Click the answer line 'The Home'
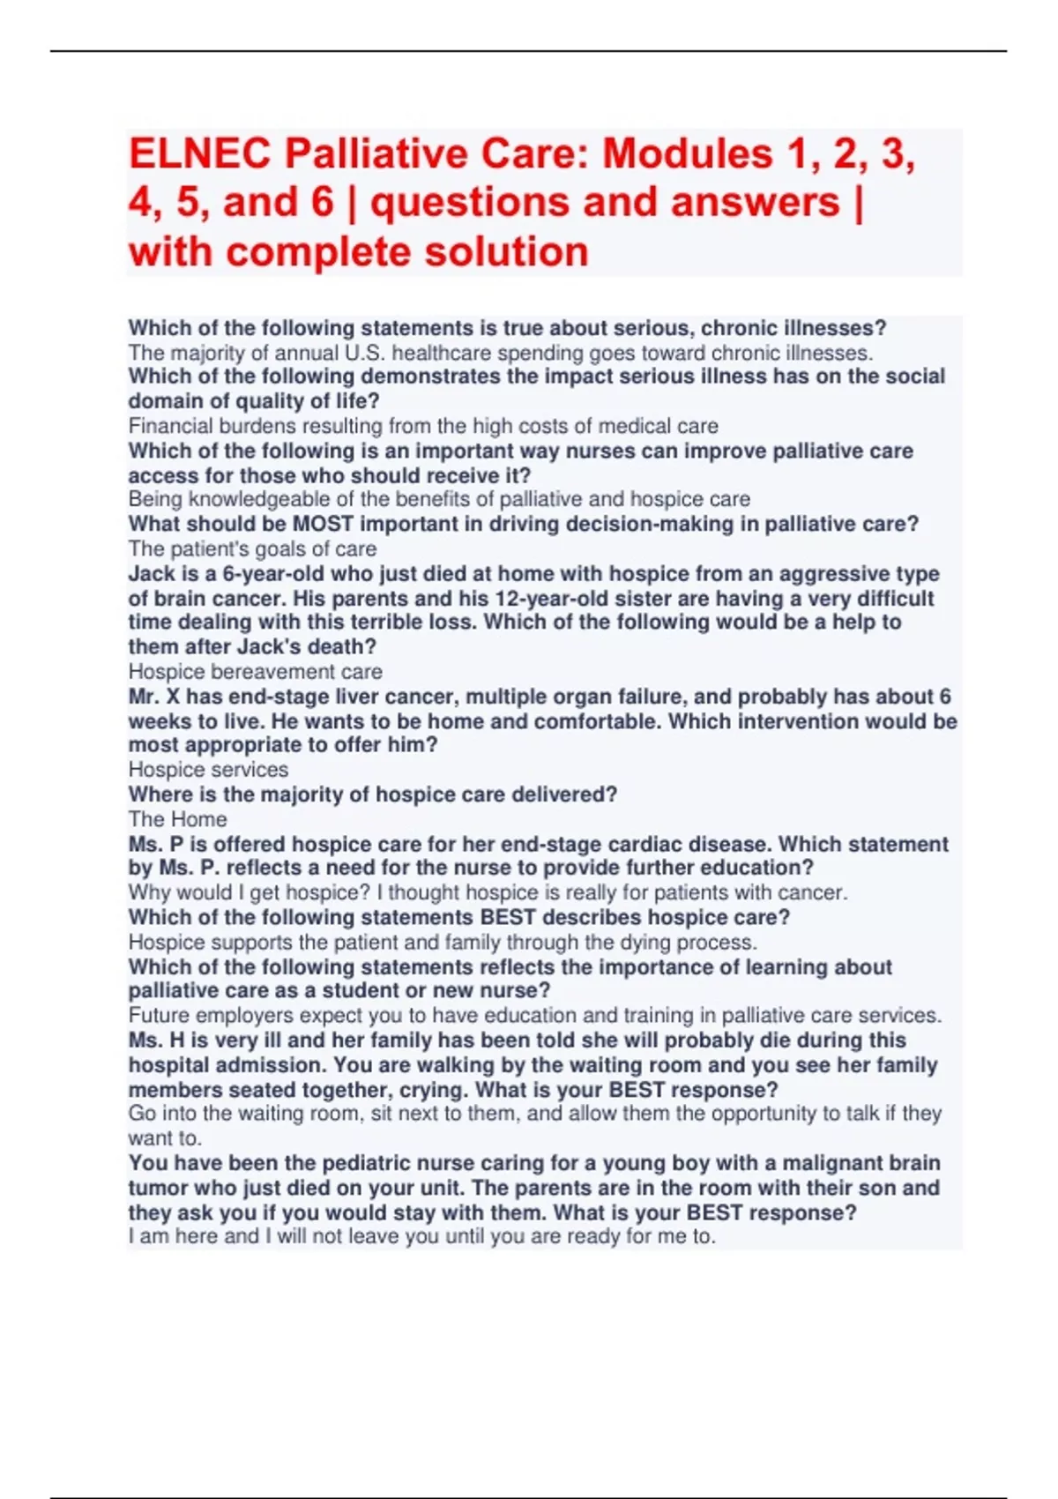coord(177,819)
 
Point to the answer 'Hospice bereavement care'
coord(255,672)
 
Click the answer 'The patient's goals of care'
coord(252,548)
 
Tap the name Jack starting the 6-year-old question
coord(152,573)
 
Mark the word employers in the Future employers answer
coord(243,1016)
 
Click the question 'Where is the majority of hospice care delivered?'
coord(372,794)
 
